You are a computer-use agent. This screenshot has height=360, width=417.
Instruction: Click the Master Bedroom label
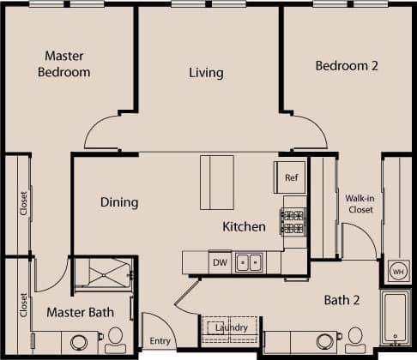coord(63,64)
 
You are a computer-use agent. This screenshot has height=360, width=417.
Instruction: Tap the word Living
coord(206,73)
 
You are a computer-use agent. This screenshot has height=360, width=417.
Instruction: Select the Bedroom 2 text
coord(347,65)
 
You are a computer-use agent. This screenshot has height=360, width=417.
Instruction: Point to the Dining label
coord(119,202)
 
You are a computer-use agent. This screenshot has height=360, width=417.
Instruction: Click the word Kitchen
coord(245,227)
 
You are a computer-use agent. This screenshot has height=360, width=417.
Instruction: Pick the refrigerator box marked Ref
coord(290,177)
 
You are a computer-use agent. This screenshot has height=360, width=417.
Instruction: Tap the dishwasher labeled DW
coord(219,262)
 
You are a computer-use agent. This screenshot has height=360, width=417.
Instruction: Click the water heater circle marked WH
coord(398,272)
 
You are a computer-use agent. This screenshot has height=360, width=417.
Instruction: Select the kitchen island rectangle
coord(217,182)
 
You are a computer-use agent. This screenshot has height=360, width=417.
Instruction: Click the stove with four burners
coord(293,221)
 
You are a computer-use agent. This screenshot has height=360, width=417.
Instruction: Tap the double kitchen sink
coord(250,262)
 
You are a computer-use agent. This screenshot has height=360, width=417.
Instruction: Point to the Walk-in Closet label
coord(359,203)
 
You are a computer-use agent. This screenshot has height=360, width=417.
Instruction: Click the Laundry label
coord(232,327)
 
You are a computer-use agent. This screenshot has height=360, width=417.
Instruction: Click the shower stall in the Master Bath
coord(101,273)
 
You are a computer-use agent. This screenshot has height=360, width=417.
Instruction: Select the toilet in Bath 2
coord(355,339)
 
